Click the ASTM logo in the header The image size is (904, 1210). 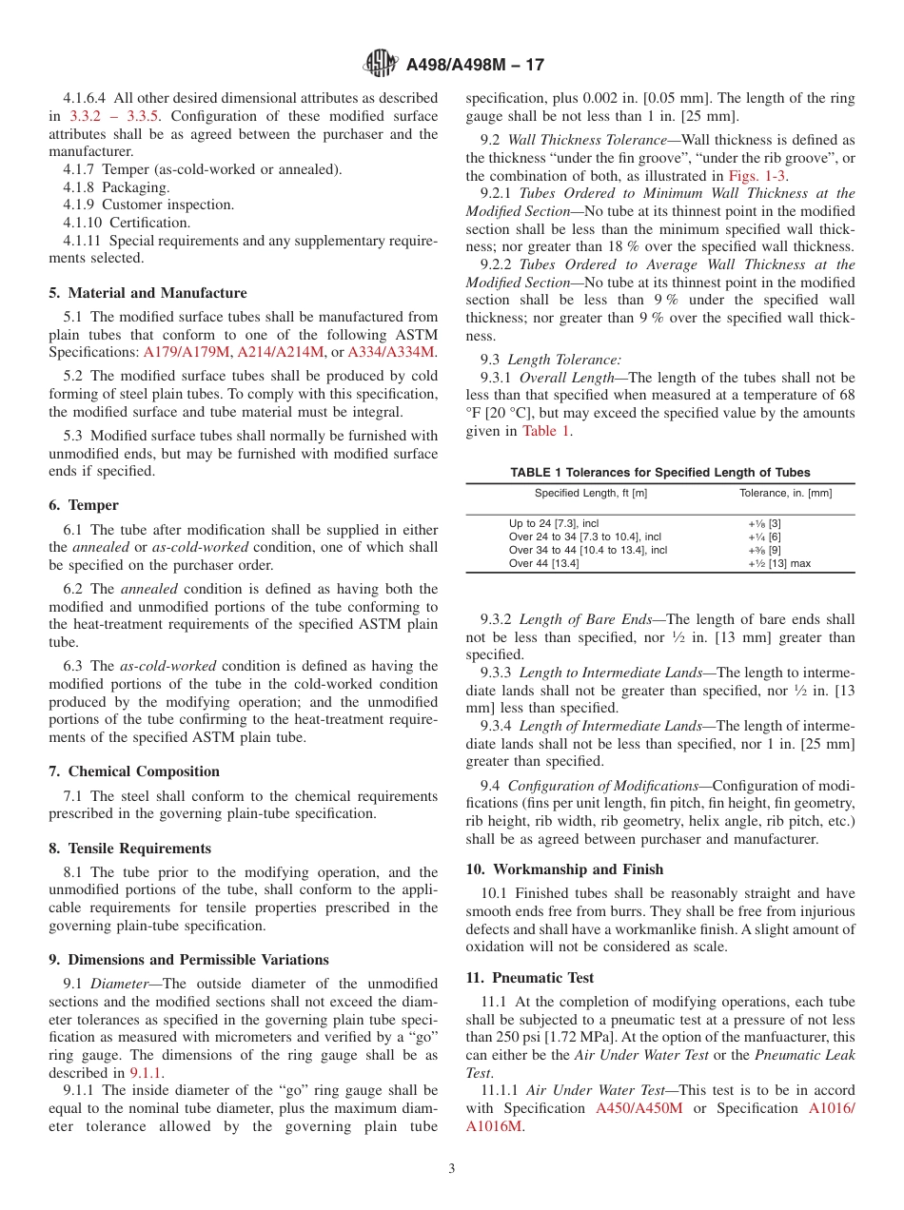(x=382, y=65)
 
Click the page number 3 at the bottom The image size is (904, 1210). (x=452, y=1169)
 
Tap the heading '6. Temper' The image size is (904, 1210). (x=93, y=505)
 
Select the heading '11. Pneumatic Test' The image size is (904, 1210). (x=530, y=978)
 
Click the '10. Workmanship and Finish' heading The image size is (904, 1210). (x=564, y=869)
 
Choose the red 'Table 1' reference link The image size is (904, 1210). (x=546, y=431)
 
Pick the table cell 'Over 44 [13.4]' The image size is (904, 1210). (x=543, y=563)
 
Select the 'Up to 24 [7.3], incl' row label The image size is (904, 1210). (x=554, y=523)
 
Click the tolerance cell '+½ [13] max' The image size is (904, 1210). (x=779, y=563)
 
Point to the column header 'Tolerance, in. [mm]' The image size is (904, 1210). (x=785, y=493)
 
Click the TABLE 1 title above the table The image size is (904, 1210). (x=660, y=472)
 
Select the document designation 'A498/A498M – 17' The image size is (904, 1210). (x=475, y=66)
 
